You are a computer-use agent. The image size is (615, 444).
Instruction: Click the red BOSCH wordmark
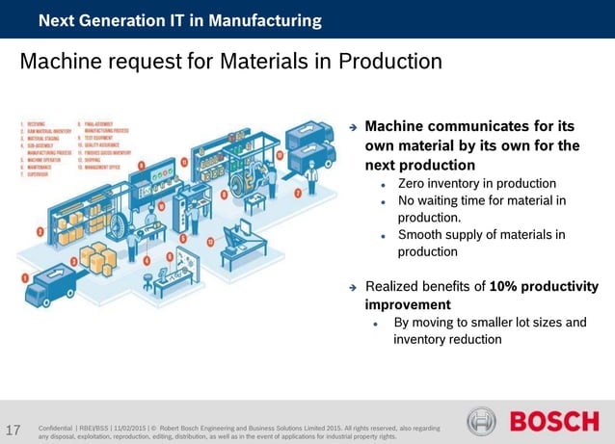[x=553, y=422]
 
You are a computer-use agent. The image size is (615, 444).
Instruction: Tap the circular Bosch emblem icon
[x=482, y=422]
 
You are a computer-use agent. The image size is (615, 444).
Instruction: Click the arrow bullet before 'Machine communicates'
[x=353, y=127]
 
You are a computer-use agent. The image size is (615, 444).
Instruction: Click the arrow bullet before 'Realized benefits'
[x=353, y=287]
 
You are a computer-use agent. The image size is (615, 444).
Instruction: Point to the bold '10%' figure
[x=507, y=287]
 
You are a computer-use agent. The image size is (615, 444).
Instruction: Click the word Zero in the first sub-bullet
[x=414, y=183]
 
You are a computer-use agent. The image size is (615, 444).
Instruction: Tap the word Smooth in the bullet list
[x=422, y=234]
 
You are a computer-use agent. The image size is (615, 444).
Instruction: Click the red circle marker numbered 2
[x=39, y=231]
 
